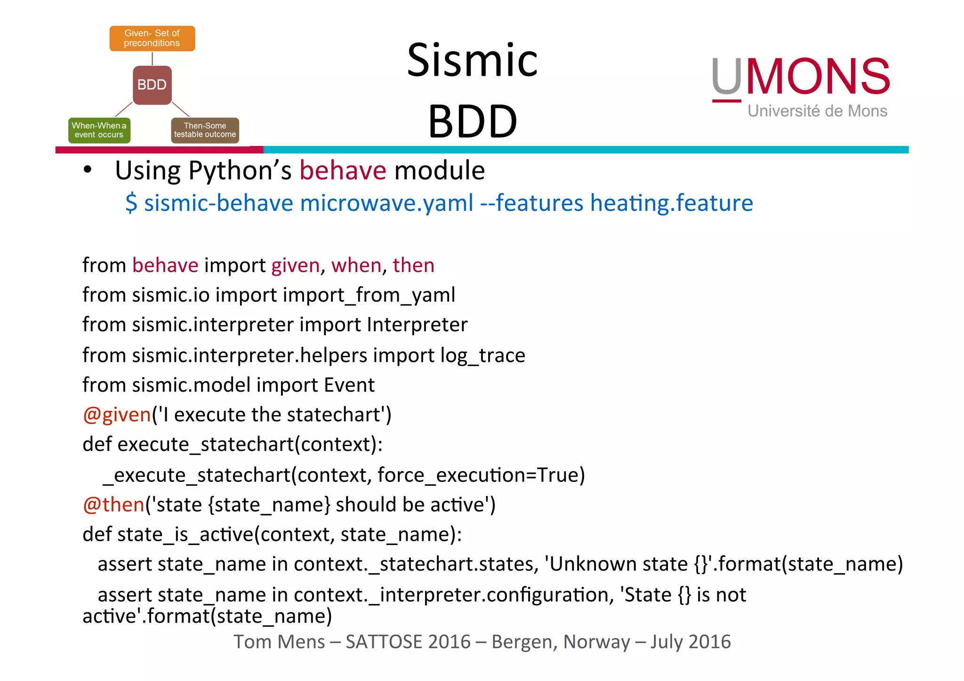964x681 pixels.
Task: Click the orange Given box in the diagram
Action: tap(152, 38)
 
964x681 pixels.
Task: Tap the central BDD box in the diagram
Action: tap(152, 85)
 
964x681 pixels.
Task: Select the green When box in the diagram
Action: tap(99, 130)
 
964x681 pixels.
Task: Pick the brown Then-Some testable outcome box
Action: tap(205, 130)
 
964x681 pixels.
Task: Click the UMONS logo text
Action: tap(800, 76)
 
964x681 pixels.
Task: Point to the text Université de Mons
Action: tap(817, 111)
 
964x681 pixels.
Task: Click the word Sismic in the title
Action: tap(472, 60)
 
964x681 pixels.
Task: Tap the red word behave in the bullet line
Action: tap(343, 170)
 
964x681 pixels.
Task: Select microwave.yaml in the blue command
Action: tap(386, 203)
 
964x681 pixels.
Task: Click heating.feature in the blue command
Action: tap(672, 203)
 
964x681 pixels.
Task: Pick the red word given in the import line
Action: tap(296, 265)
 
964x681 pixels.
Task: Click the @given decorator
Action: tap(117, 415)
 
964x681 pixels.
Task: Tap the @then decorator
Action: tap(113, 505)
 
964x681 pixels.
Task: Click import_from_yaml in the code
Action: tap(369, 296)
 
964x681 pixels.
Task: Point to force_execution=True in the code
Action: tap(481, 475)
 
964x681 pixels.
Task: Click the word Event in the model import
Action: tap(349, 385)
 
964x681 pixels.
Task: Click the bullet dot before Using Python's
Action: tap(88, 170)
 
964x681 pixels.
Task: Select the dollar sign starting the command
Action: tap(131, 203)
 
